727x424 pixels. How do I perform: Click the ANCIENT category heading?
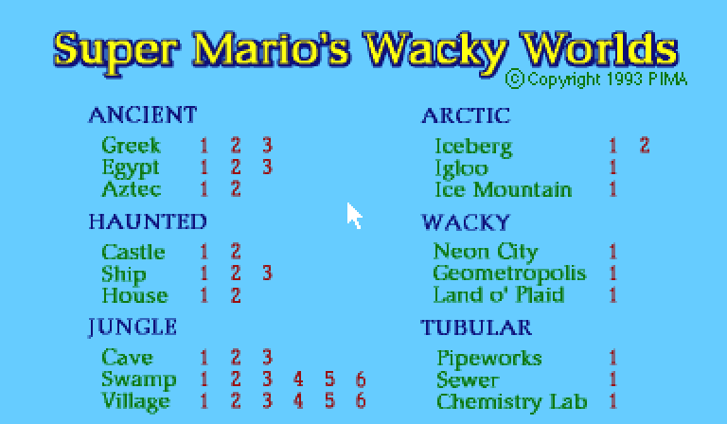point(143,115)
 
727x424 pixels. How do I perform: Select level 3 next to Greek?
point(267,146)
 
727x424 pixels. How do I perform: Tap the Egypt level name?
point(131,168)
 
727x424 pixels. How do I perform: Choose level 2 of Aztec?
point(236,189)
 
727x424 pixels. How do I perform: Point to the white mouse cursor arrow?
point(354,216)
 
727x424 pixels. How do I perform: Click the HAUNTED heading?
point(148,221)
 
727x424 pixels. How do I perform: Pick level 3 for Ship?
point(267,273)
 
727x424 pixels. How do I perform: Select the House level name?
point(135,295)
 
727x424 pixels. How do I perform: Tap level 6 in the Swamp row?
point(361,380)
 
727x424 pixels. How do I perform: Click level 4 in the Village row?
point(298,401)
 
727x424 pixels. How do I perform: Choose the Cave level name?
point(128,358)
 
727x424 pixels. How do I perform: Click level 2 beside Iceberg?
point(645,146)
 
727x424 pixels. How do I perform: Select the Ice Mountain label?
point(503,189)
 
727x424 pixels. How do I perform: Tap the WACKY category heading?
point(466,222)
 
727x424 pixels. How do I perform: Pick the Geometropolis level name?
point(509,274)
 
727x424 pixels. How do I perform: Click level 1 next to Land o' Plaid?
point(613,295)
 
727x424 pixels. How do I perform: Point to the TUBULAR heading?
point(476,327)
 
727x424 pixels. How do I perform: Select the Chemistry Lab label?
point(512,401)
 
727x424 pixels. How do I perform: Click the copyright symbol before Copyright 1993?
point(515,79)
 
